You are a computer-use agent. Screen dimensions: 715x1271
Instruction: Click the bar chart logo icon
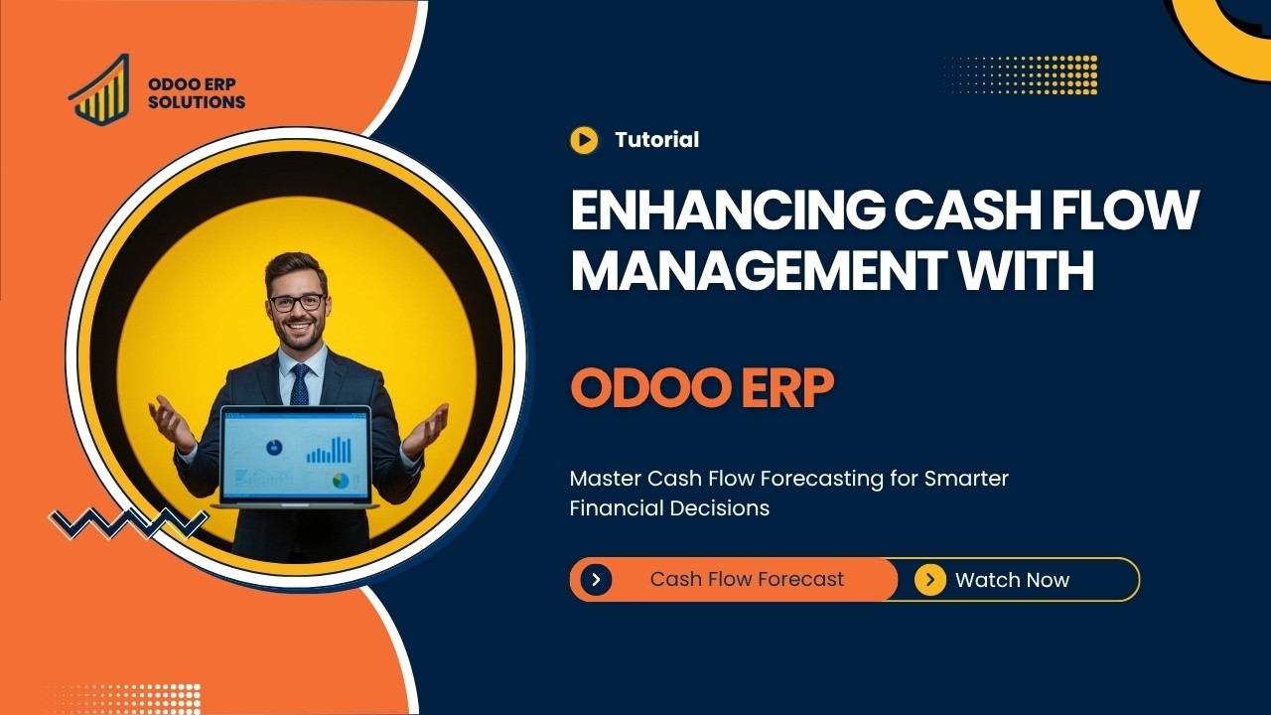pos(99,89)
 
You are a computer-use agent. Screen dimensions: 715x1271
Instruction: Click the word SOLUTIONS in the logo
pos(196,102)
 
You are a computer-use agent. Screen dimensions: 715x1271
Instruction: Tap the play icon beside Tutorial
pos(584,140)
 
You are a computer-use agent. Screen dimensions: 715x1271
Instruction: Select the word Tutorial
pos(656,140)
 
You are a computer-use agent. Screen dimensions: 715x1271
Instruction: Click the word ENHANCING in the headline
pos(725,212)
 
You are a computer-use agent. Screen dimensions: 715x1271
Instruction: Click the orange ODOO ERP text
pos(701,389)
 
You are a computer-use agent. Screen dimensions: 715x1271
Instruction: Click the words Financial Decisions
pos(669,508)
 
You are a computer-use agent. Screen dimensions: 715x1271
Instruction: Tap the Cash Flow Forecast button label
pos(747,579)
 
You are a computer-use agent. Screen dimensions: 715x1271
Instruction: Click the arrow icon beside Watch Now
pos(929,580)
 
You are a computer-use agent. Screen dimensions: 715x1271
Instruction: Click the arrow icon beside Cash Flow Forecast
pos(596,580)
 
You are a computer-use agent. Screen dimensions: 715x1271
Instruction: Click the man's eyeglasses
pos(296,302)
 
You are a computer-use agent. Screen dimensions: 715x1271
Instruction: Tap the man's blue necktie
pos(299,383)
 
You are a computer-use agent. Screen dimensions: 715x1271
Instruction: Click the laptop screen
pos(296,455)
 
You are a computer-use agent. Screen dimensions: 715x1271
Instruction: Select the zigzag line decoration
pos(129,522)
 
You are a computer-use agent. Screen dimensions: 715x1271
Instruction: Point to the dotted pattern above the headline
pos(1020,74)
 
